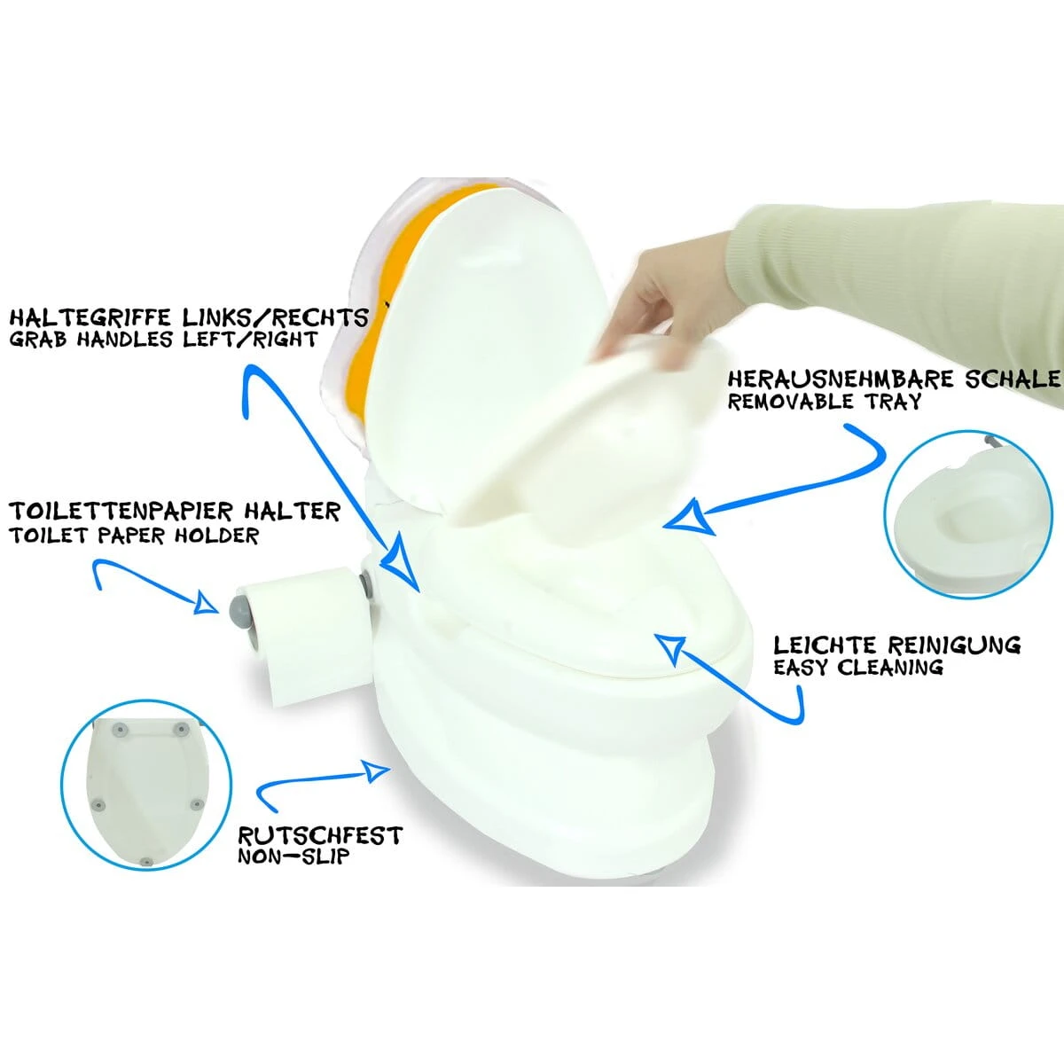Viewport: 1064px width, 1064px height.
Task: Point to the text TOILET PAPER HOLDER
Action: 134,536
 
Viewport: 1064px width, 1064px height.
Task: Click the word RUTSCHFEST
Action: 319,835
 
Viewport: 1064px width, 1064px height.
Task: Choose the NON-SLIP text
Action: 293,857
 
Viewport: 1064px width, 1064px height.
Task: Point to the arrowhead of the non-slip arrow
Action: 378,769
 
